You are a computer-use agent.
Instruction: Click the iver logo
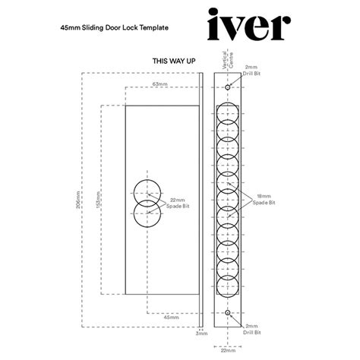point(248,27)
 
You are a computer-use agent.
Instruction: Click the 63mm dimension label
point(159,83)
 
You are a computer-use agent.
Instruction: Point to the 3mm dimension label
point(201,333)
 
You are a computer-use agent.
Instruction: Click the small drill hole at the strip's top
point(228,88)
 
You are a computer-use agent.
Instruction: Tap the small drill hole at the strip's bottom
point(228,311)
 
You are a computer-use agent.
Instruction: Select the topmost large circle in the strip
point(228,113)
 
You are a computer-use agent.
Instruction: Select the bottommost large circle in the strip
point(228,286)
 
